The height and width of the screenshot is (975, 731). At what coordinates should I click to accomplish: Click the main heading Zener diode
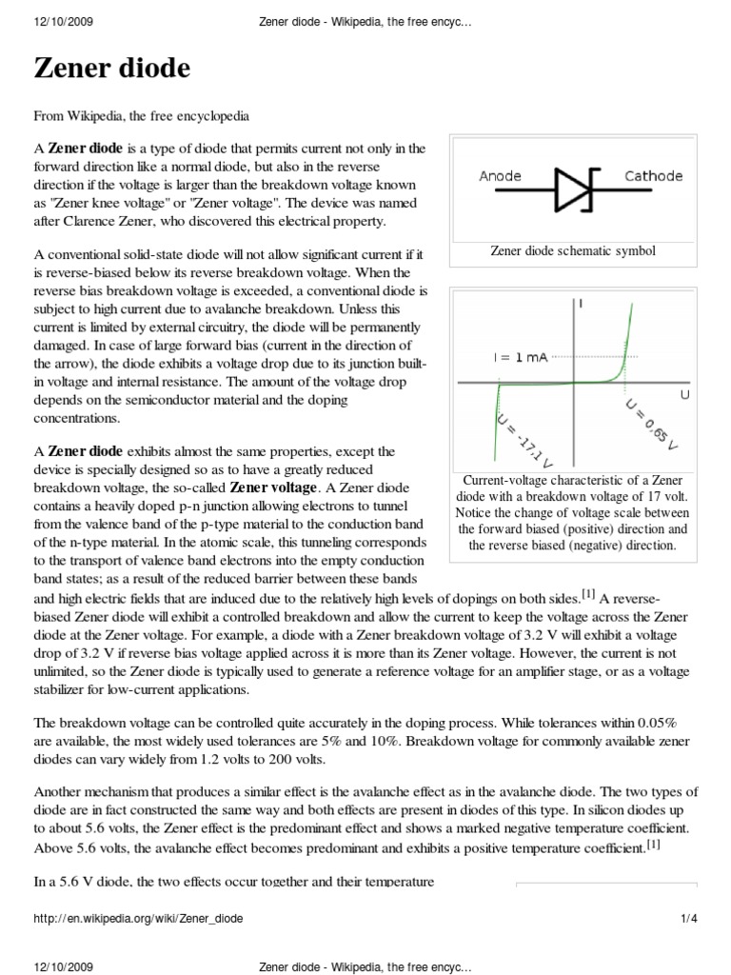pos(112,69)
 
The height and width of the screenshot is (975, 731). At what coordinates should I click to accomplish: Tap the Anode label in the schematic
pos(500,176)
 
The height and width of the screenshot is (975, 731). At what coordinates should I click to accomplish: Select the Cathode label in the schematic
pos(653,176)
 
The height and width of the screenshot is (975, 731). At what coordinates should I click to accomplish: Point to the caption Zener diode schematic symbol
pos(573,251)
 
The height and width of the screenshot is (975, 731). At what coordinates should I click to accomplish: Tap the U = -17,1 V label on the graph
pos(514,439)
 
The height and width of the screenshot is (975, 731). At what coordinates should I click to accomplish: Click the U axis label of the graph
pos(684,392)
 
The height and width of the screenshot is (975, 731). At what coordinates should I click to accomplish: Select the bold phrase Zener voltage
pos(271,487)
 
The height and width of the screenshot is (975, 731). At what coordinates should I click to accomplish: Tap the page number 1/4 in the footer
pos(689,919)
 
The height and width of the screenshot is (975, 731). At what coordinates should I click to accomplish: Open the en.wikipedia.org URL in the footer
pos(138,919)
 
